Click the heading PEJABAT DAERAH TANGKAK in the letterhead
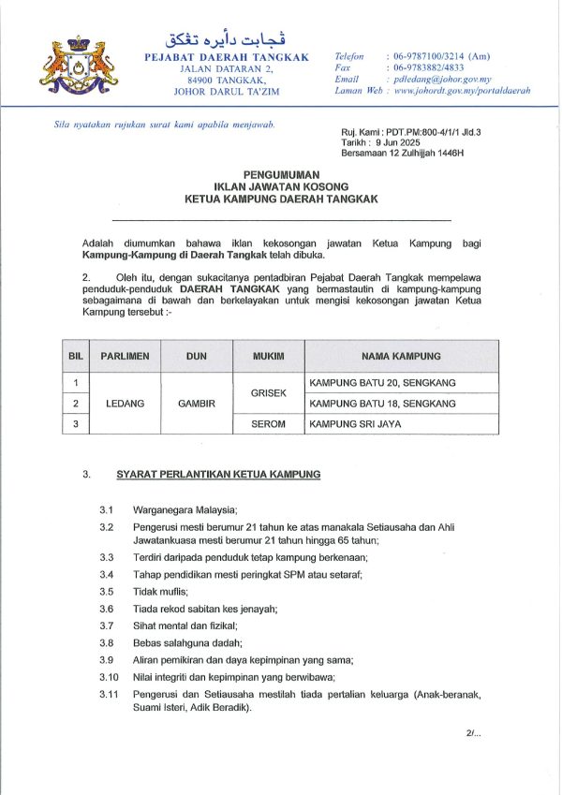226,57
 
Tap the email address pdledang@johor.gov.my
442,80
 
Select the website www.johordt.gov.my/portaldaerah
462,91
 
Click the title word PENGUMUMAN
281,175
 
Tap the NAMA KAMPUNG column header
401,357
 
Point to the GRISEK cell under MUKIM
268,393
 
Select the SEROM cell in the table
268,424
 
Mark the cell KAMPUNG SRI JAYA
351,424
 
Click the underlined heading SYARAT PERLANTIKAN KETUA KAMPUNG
218,475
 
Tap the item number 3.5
107,591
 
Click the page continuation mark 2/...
472,733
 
